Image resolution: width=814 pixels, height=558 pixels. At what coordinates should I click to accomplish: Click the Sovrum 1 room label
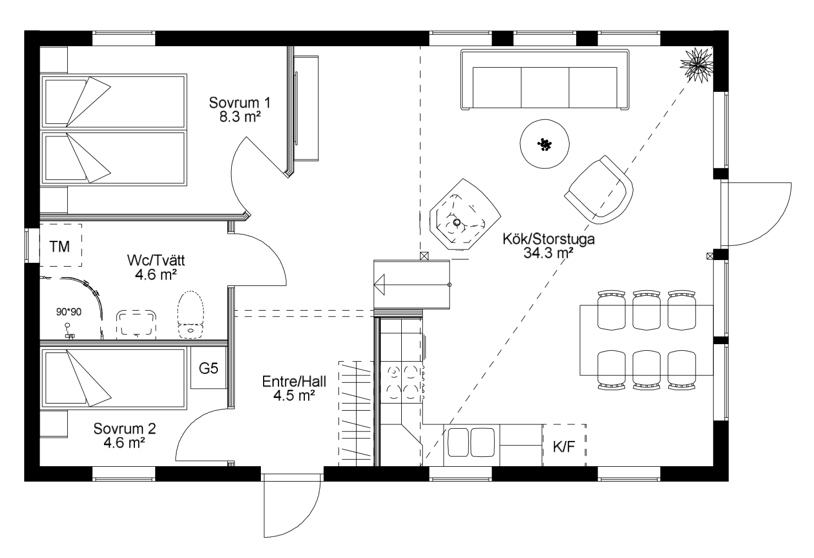click(239, 103)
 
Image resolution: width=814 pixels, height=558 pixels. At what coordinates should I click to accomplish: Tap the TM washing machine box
click(61, 245)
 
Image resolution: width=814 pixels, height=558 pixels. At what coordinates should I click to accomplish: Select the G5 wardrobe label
click(208, 368)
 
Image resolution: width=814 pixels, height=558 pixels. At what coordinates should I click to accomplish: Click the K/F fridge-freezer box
click(564, 445)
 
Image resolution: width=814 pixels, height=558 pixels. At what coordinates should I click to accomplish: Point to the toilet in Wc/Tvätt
click(190, 315)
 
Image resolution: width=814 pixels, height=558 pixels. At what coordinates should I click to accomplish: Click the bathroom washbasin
click(136, 322)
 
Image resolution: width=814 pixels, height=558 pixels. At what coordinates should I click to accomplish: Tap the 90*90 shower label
click(69, 312)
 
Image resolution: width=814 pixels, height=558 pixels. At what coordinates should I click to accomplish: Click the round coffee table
click(544, 144)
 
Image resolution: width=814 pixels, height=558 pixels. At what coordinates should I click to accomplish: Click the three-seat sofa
click(545, 80)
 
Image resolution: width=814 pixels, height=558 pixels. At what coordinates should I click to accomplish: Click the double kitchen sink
click(471, 442)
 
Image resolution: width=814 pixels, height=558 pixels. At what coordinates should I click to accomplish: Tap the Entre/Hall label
click(294, 382)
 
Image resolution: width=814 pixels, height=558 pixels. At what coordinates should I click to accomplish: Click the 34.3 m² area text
click(548, 253)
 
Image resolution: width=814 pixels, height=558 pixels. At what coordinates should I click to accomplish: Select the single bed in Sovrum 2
click(113, 378)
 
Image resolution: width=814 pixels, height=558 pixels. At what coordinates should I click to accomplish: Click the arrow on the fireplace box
click(379, 285)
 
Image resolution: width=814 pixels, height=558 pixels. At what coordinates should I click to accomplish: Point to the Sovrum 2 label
click(124, 429)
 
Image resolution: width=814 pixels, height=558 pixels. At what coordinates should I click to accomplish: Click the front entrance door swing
click(292, 505)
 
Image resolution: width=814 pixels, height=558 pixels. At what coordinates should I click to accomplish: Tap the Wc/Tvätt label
click(156, 260)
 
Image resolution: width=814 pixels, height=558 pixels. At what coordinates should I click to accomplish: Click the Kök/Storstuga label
click(549, 239)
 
